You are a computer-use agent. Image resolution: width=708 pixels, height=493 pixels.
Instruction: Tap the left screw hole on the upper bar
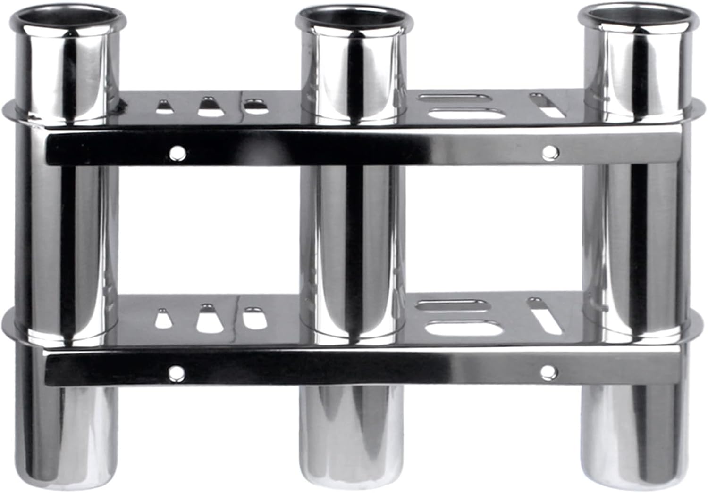click(177, 152)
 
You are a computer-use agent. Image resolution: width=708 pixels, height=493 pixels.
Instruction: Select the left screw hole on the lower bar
click(177, 372)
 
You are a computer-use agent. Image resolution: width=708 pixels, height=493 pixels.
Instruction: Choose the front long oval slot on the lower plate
click(463, 327)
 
